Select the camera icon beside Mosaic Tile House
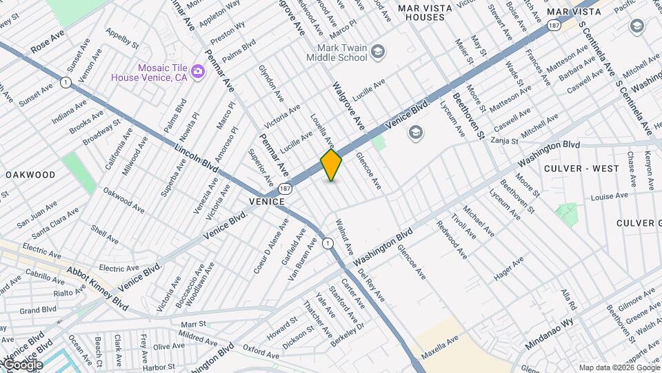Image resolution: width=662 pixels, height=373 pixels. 197,71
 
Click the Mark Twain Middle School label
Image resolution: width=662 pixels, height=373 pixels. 342,52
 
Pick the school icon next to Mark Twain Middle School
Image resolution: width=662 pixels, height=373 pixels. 377,50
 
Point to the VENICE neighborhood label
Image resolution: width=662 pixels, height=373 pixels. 263,201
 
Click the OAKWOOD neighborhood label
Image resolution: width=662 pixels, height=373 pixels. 30,175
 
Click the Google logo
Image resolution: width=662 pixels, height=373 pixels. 23,365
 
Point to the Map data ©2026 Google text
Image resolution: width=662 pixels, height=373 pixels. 619,367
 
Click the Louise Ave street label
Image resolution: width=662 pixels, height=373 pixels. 609,196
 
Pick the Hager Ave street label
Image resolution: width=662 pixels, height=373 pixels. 509,269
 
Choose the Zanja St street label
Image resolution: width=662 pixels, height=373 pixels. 504,140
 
